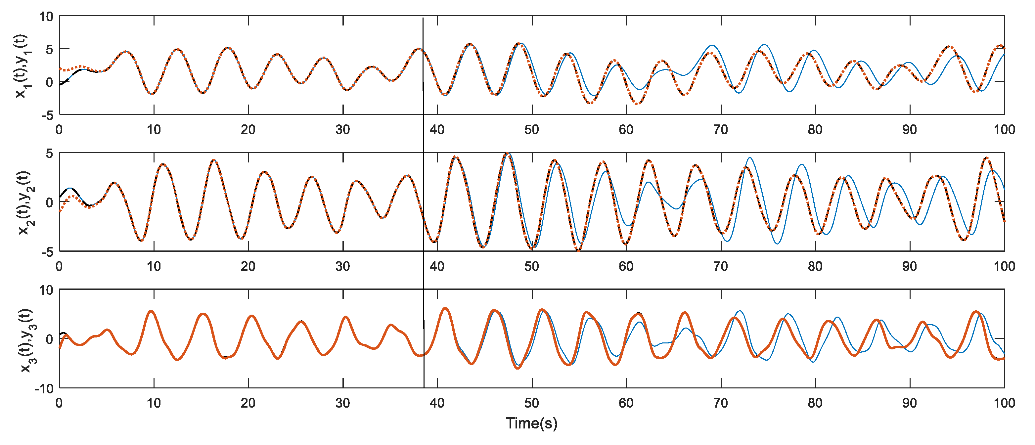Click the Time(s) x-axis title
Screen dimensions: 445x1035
[x=531, y=423]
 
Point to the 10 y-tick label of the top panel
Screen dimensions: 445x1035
[x=46, y=17]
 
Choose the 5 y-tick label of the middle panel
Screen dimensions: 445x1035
[x=49, y=154]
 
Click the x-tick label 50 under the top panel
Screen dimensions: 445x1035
[x=531, y=130]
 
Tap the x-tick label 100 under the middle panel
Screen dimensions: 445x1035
[x=1004, y=266]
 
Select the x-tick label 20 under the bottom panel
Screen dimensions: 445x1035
[x=248, y=403]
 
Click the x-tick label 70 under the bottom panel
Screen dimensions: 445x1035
[x=720, y=403]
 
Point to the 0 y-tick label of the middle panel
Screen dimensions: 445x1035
[x=49, y=202]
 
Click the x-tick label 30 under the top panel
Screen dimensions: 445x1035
[x=342, y=130]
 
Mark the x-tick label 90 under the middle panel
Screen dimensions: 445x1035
[x=909, y=266]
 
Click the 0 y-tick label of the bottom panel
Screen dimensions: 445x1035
[x=49, y=339]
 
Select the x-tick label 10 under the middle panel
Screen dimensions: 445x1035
[x=154, y=266]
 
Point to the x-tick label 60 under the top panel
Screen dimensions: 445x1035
[x=626, y=130]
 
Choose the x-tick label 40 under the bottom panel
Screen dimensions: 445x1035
[x=437, y=403]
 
